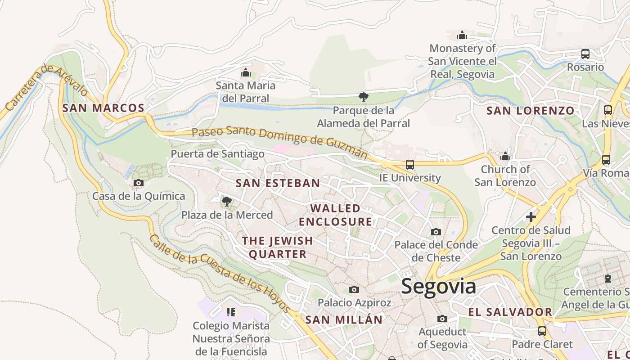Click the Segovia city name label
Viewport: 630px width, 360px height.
click(438, 286)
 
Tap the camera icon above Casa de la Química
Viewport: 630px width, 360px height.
click(139, 183)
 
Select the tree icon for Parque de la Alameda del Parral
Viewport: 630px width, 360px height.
click(364, 97)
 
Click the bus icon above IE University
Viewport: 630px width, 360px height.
click(409, 165)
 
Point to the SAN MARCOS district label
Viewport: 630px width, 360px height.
click(103, 108)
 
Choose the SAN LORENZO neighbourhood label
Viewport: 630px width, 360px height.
click(530, 111)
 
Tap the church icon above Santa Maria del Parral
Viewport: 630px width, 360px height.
click(246, 72)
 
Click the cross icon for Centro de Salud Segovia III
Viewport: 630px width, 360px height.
click(531, 217)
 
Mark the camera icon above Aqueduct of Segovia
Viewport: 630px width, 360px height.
click(442, 319)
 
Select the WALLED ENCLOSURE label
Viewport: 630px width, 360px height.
click(336, 215)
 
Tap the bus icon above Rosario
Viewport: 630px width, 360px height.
click(585, 54)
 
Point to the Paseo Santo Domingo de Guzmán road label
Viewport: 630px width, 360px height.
click(279, 142)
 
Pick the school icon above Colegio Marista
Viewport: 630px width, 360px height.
click(231, 312)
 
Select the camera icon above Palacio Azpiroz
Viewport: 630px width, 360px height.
click(354, 289)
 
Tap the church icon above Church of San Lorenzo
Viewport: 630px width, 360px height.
click(505, 156)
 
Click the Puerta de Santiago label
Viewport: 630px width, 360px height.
click(217, 154)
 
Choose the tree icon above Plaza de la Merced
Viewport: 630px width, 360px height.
click(227, 201)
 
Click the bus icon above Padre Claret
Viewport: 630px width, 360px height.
click(542, 331)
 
